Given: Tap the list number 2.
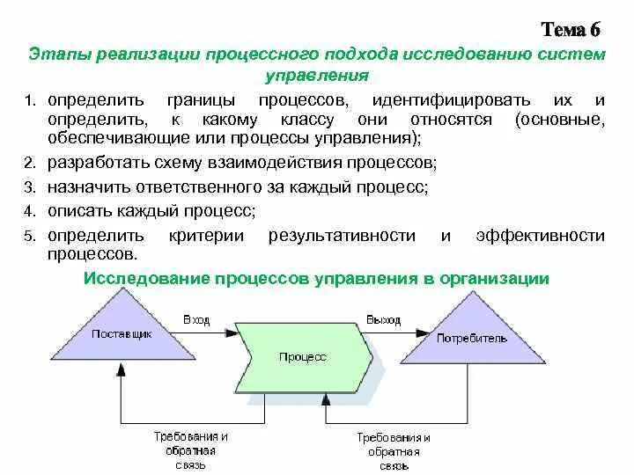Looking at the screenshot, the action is (x=29, y=164).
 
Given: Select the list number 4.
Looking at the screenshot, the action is (x=29, y=211).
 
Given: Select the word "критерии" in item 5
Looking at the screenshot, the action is (x=202, y=235).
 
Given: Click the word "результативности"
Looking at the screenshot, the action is (x=341, y=235).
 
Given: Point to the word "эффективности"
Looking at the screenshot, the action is (x=540, y=235).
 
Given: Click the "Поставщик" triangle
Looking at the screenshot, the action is (x=122, y=337).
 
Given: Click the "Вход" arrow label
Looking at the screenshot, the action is (x=196, y=319).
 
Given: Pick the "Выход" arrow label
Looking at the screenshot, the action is (x=385, y=319).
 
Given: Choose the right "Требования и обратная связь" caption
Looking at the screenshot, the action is (x=394, y=450).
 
